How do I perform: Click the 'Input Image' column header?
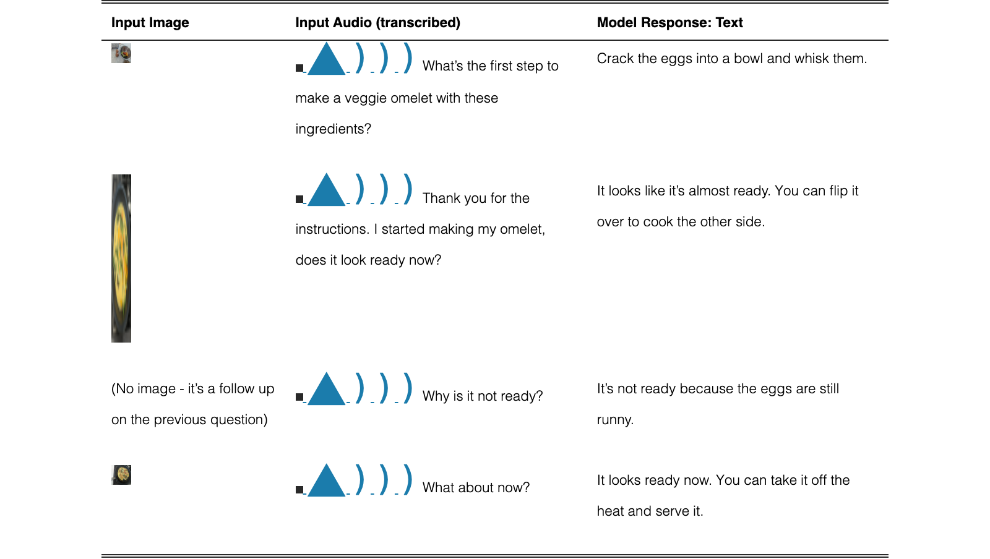coord(150,22)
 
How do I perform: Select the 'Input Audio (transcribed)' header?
coord(377,22)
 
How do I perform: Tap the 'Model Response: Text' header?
coord(669,22)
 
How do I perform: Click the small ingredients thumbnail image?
coord(121,53)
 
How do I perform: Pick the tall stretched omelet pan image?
coord(121,258)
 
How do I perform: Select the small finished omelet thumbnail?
coord(121,475)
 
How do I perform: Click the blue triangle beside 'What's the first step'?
coord(326,59)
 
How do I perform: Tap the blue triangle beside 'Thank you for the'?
coord(326,190)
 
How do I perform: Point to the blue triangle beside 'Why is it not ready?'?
coord(326,390)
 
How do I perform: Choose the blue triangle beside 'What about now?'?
coord(326,481)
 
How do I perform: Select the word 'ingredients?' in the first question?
coord(334,129)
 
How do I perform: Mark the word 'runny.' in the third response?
coord(615,420)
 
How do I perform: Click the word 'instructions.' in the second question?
coord(332,229)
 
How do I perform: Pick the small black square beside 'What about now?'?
coord(299,489)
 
